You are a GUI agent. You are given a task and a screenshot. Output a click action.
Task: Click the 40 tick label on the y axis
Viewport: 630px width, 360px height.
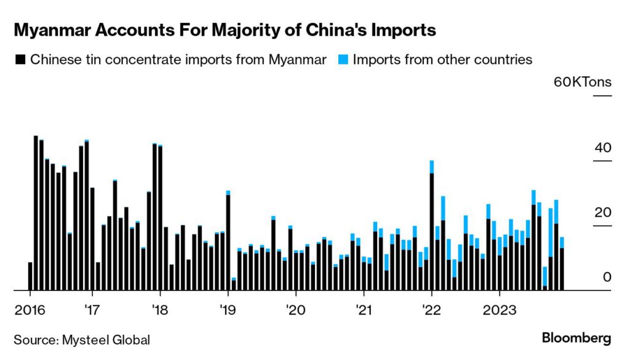604,148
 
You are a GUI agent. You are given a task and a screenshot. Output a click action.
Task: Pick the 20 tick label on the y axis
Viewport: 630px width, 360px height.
604,213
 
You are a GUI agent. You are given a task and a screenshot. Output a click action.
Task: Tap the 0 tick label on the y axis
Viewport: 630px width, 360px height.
607,278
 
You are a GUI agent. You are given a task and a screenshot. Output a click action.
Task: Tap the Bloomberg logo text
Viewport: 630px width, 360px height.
576,338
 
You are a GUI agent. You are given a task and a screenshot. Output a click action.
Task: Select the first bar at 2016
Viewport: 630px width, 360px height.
30,276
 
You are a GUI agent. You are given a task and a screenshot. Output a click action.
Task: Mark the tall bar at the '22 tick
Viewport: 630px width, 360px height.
432,228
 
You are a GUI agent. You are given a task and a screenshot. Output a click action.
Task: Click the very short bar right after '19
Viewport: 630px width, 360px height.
234,284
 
